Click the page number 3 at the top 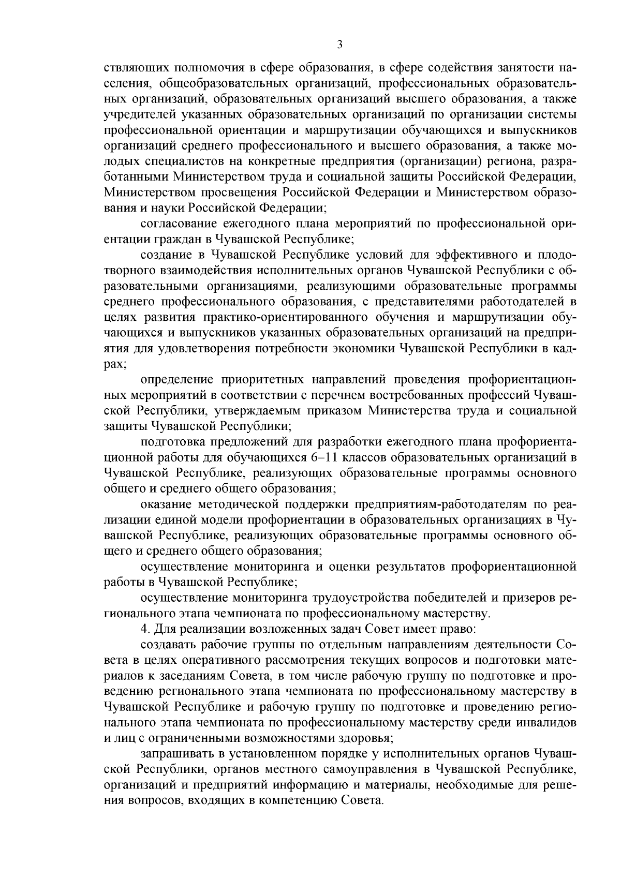(x=339, y=44)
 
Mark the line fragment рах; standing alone (x=114, y=364)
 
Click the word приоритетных (x=263, y=380)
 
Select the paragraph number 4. (x=144, y=630)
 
